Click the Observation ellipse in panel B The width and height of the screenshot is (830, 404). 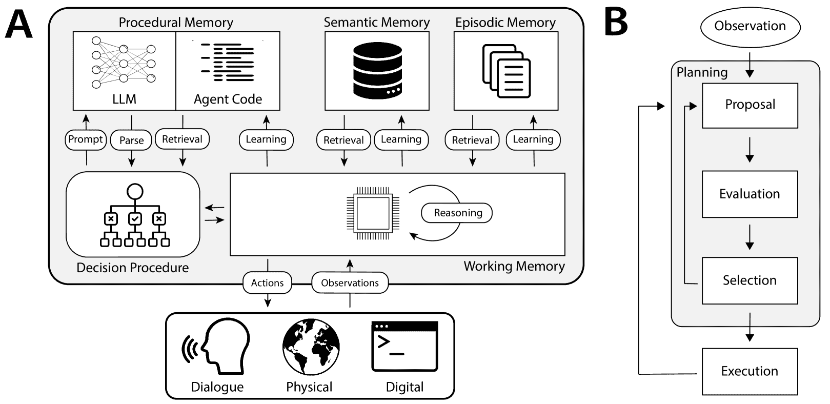tap(750, 26)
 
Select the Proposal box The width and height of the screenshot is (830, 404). tap(750, 105)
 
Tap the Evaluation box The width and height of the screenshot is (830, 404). tap(750, 194)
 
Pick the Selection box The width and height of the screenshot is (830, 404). tap(750, 280)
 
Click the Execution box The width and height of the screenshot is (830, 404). tap(750, 371)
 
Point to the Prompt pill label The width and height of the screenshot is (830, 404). tap(86, 139)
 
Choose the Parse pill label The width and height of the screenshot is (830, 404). tap(132, 140)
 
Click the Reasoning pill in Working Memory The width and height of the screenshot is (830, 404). tap(457, 213)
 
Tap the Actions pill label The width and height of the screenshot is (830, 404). tap(267, 283)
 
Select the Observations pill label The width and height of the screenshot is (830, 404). tap(350, 283)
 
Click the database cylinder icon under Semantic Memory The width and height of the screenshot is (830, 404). tap(377, 71)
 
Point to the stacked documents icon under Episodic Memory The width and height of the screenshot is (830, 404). tap(507, 71)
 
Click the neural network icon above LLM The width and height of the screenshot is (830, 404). tap(124, 62)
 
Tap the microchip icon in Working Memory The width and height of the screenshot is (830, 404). tap(373, 213)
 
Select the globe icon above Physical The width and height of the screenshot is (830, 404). tap(311, 347)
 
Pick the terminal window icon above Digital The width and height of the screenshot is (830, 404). tap(404, 346)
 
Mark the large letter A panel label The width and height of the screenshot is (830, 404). tap(19, 25)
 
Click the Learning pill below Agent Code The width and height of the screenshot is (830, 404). tap(266, 139)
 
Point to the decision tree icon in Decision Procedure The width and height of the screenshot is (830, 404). tap(135, 216)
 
